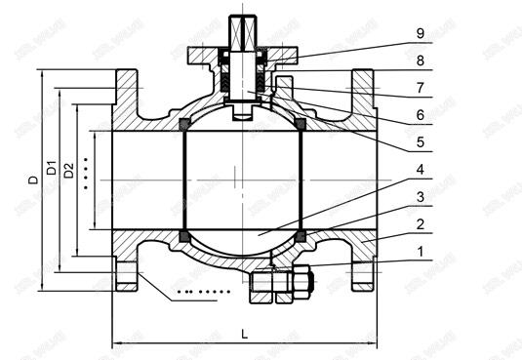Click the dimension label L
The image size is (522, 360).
pos(244,333)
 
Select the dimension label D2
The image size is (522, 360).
pos(68,171)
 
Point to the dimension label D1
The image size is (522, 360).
pos(51,165)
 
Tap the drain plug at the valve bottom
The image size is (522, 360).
pos(280,284)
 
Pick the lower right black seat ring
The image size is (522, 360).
pos(301,236)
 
